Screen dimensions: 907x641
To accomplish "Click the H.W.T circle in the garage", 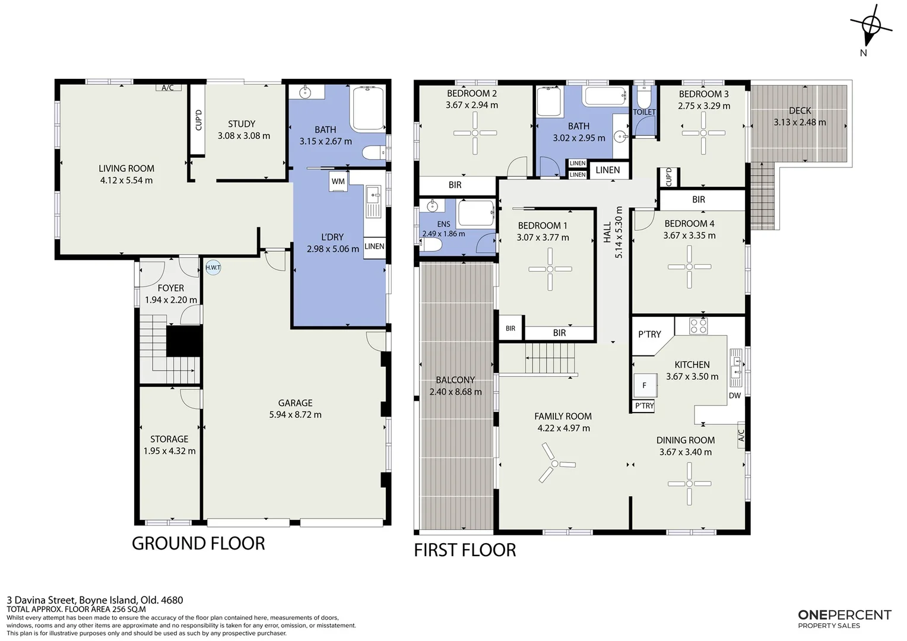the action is [213, 267].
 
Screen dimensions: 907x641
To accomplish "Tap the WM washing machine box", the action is [338, 182].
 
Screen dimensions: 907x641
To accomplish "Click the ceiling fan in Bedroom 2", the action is [475, 133].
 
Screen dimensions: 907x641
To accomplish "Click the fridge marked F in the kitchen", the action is [645, 385].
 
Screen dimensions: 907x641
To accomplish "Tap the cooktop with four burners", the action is [698, 326].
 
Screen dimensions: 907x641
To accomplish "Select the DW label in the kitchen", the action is [735, 395].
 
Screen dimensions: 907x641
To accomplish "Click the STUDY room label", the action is [242, 124].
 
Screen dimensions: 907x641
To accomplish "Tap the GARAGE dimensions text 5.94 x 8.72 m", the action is [295, 415].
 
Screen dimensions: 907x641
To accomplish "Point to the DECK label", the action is [800, 110].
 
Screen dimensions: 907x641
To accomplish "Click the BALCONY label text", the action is [455, 380].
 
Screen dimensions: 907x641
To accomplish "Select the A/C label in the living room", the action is [167, 87].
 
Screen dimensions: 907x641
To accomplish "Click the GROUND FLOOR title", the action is [198, 544].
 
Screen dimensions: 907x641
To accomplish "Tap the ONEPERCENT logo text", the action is [845, 615].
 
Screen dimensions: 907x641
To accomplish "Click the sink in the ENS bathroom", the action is [433, 206].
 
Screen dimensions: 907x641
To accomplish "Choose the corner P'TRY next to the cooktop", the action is [649, 334].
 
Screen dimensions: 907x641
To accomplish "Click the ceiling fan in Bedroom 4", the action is [690, 267].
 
